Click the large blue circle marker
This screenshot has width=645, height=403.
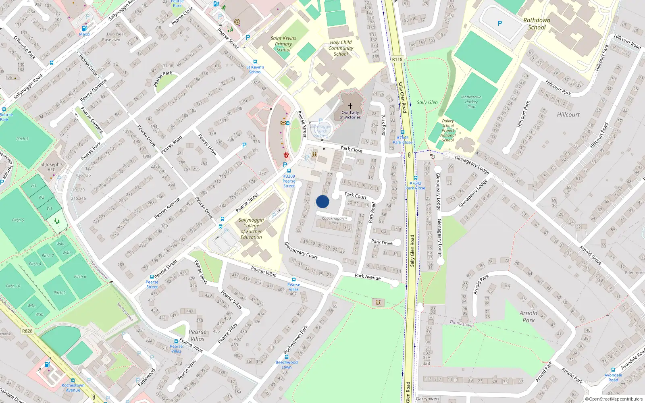[322, 201]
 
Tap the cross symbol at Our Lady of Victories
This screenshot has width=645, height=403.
[350, 106]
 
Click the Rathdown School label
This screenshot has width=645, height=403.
[537, 24]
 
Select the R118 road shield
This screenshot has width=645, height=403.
[397, 59]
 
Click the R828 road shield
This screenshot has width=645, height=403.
[27, 331]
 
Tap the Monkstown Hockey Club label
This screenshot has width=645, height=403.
[471, 102]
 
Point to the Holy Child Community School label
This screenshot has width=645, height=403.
[341, 48]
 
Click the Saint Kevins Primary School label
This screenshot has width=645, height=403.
[283, 44]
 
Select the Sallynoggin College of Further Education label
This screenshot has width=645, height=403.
[251, 229]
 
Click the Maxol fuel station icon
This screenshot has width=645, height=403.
[84, 28]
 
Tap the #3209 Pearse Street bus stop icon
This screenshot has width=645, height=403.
[289, 171]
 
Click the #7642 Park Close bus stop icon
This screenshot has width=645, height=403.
[415, 178]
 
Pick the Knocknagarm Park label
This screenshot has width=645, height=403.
[334, 220]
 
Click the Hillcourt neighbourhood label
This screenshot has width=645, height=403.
[568, 114]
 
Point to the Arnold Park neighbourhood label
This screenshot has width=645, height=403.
[528, 316]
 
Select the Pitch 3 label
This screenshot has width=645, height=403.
[22, 139]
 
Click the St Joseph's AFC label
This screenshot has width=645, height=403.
[52, 167]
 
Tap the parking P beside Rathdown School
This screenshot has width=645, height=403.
[500, 23]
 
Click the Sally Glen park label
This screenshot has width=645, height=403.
[427, 102]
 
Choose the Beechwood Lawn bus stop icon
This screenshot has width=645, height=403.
[287, 357]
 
